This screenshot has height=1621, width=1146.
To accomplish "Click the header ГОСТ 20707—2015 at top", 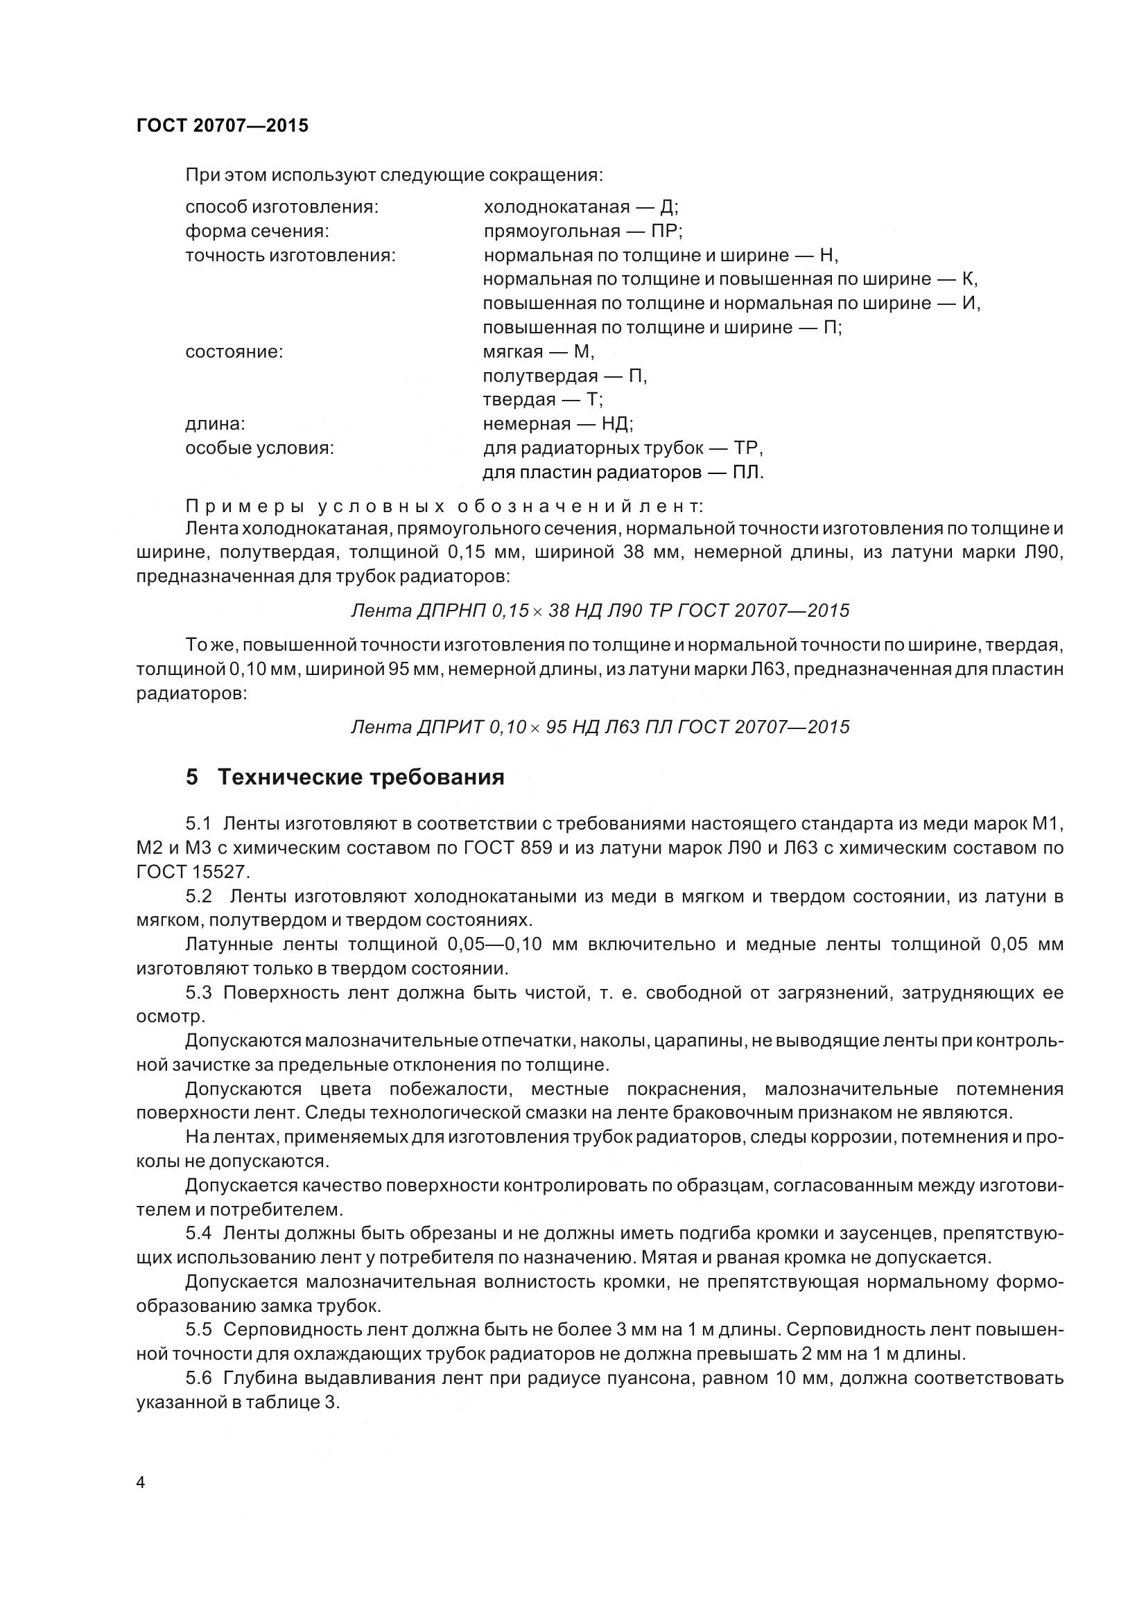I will tap(222, 126).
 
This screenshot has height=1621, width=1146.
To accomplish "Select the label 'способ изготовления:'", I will tap(281, 207).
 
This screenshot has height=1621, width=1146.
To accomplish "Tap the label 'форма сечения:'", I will tap(257, 231).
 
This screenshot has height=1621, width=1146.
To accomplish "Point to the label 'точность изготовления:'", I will tap(290, 255).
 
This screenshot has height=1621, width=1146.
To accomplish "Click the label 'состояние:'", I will tap(234, 351).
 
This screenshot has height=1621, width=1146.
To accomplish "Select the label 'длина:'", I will tap(216, 423).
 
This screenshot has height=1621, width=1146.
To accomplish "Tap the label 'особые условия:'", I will tap(259, 448).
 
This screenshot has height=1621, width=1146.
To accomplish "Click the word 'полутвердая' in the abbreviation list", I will tap(540, 376).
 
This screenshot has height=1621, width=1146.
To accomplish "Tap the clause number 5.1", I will tap(198, 823).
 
